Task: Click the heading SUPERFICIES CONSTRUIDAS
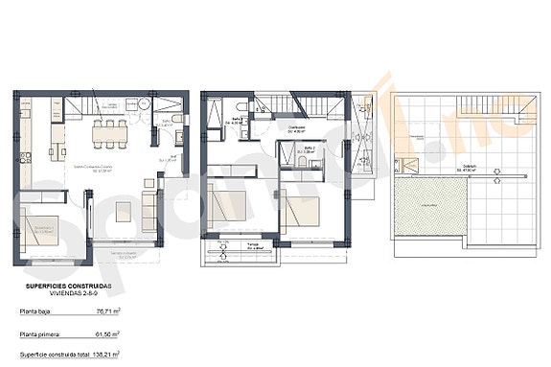[68, 287]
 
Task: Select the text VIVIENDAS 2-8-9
[68, 295]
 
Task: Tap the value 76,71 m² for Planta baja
[105, 311]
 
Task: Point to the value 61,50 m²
[105, 334]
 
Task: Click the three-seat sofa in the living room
[150, 210]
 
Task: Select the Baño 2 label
[297, 149]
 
